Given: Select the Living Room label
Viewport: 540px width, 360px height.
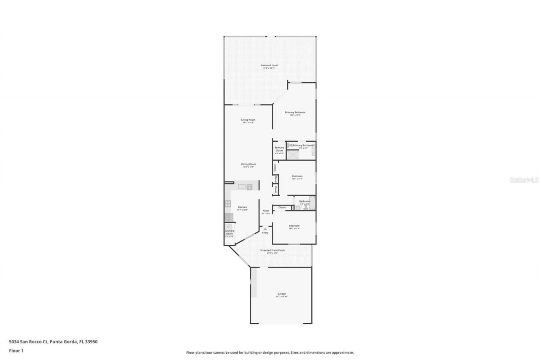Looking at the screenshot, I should pyautogui.click(x=248, y=120).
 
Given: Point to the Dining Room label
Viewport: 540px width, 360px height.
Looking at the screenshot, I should pyautogui.click(x=248, y=164).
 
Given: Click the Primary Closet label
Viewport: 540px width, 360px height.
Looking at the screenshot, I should pyautogui.click(x=279, y=149).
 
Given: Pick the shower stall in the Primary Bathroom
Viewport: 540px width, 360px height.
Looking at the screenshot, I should pyautogui.click(x=292, y=154).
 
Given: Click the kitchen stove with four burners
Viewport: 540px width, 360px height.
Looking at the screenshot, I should pyautogui.click(x=228, y=203).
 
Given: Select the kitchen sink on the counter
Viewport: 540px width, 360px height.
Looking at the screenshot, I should pyautogui.click(x=242, y=187).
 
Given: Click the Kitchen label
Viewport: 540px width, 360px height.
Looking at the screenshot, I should pyautogui.click(x=242, y=207).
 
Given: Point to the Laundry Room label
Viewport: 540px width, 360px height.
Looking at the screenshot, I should pyautogui.click(x=229, y=232).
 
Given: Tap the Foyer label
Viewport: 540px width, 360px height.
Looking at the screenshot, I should pyautogui.click(x=266, y=211).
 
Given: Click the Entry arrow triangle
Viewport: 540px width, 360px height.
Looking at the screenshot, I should pyautogui.click(x=265, y=229).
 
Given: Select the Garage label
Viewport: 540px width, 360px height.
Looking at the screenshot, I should pyautogui.click(x=281, y=294).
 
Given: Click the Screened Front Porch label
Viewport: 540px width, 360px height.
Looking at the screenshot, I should pyautogui.click(x=272, y=250).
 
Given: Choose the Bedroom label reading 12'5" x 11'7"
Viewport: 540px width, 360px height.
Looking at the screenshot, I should pyautogui.click(x=297, y=176).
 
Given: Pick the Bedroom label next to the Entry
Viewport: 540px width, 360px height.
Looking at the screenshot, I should pyautogui.click(x=294, y=226).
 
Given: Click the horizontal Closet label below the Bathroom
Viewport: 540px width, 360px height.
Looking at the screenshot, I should pyautogui.click(x=282, y=208).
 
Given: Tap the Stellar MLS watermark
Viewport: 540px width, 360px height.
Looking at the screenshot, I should pyautogui.click(x=524, y=180).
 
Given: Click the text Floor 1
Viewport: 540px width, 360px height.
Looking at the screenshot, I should pyautogui.click(x=16, y=350).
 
